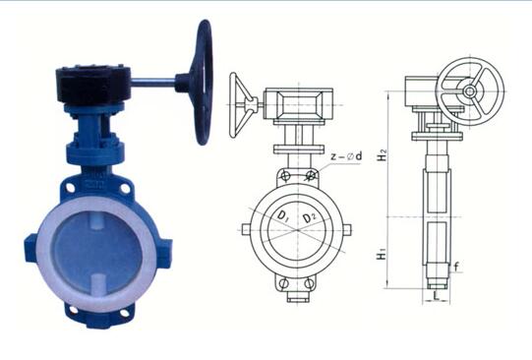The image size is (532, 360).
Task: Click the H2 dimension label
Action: [x=383, y=154]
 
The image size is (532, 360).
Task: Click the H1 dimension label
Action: [x=382, y=254]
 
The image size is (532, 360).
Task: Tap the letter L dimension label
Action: [x=437, y=296]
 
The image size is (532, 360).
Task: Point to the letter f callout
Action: [x=456, y=267]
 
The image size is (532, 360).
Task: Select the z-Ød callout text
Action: [x=346, y=156]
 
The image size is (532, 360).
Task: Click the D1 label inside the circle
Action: [x=282, y=215]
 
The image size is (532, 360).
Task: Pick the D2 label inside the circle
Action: [x=309, y=217]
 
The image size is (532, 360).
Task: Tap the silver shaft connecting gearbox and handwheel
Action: [x=153, y=82]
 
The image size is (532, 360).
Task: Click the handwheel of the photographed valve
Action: [x=202, y=83]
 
